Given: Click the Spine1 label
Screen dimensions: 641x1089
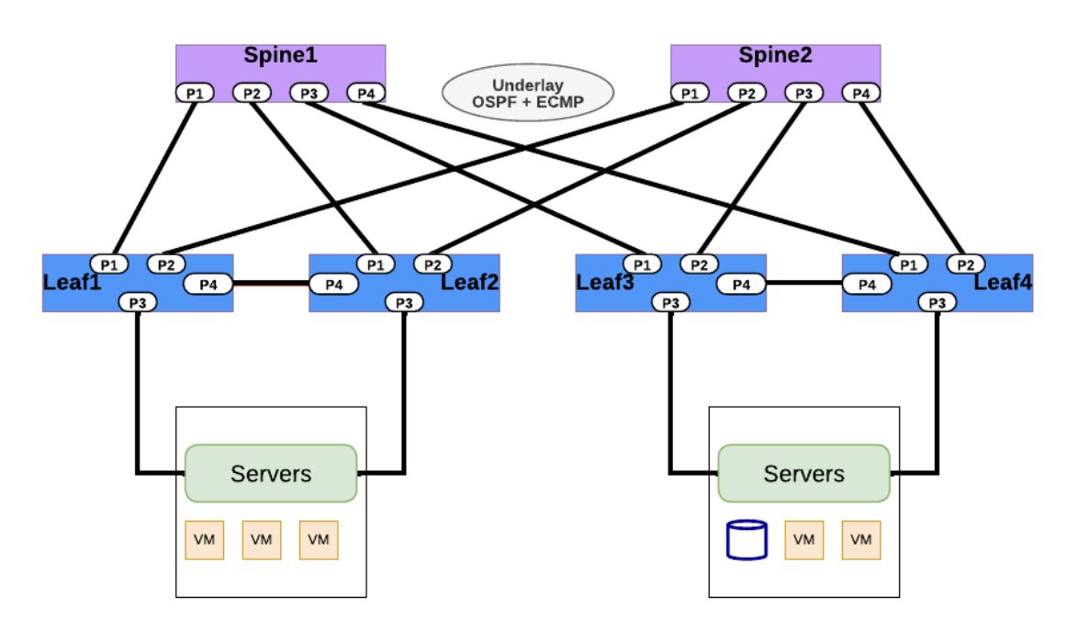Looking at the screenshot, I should tap(280, 55).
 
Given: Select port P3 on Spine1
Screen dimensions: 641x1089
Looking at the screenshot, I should tap(309, 93).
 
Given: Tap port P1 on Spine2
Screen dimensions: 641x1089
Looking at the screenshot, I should tap(690, 93).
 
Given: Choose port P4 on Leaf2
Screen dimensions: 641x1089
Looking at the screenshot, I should tap(334, 285).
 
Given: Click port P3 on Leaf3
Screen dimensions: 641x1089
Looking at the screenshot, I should tap(671, 302).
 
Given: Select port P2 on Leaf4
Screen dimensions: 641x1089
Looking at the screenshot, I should tap(965, 264).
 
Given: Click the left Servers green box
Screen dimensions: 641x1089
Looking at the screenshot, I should tap(271, 474).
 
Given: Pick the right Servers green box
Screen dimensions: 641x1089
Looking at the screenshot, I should tap(803, 474).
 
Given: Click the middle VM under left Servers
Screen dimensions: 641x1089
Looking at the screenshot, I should tap(262, 540).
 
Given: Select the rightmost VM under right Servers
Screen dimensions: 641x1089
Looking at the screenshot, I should tap(860, 540).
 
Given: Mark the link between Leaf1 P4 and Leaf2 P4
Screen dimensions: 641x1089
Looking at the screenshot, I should tap(271, 285).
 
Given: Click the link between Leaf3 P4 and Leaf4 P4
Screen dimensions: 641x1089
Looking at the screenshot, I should tap(803, 285).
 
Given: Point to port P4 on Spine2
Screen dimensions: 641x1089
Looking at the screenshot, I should tap(860, 93).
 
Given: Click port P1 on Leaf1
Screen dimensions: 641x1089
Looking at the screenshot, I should tap(109, 264).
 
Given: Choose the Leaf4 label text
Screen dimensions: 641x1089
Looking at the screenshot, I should tap(1003, 281).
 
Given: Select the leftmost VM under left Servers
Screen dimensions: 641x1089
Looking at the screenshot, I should tap(205, 540).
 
